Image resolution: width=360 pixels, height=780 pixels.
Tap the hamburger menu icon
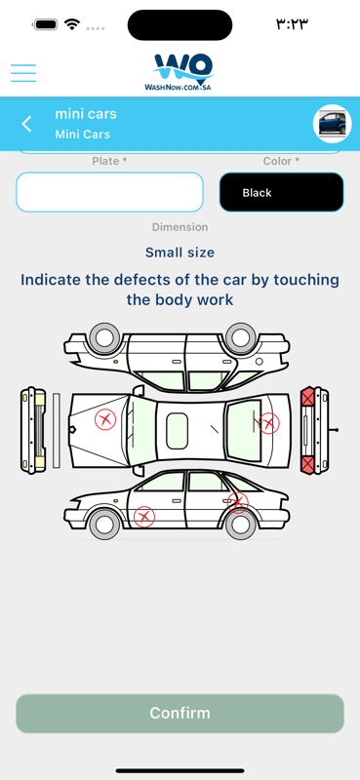(x=23, y=73)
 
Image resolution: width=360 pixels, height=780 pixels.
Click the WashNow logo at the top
(x=180, y=72)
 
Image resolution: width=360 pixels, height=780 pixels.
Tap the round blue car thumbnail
(x=332, y=124)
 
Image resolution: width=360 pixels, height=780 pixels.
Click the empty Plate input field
(x=109, y=192)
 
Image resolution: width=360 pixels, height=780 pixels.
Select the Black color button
(x=281, y=192)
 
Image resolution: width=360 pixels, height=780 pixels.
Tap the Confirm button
(x=180, y=714)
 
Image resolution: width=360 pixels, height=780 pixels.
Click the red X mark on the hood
(x=105, y=419)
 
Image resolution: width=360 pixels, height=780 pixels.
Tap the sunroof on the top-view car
(x=177, y=431)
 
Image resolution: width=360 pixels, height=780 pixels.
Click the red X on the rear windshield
(x=269, y=423)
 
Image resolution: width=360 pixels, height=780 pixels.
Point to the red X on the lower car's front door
(x=144, y=517)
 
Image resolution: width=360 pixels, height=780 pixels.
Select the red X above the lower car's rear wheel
(x=238, y=502)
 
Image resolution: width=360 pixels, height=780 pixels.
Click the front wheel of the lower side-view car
(x=104, y=524)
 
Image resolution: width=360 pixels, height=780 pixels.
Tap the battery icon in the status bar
(x=46, y=24)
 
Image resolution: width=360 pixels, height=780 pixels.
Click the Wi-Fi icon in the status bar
(x=73, y=23)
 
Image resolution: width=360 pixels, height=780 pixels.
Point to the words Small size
(x=180, y=253)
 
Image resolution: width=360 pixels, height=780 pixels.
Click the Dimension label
(x=180, y=227)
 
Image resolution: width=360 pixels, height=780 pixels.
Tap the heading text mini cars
(x=86, y=114)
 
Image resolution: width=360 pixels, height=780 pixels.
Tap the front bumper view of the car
(x=33, y=430)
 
